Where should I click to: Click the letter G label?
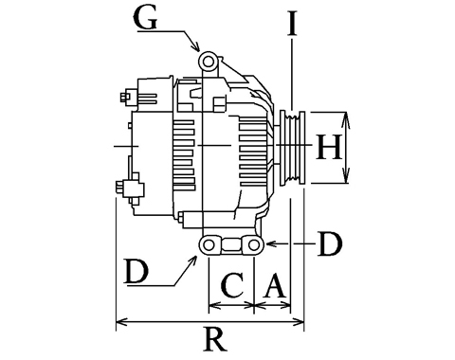[x=146, y=18]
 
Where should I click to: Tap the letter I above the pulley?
[x=293, y=24]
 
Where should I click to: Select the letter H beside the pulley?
[x=329, y=147]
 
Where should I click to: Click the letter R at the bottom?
[x=215, y=339]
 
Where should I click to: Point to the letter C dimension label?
[x=233, y=286]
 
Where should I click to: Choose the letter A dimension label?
[x=274, y=286]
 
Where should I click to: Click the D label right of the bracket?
[x=330, y=243]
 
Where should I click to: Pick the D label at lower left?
[x=136, y=271]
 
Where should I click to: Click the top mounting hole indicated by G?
[x=208, y=62]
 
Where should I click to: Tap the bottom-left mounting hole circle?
[x=209, y=244]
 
